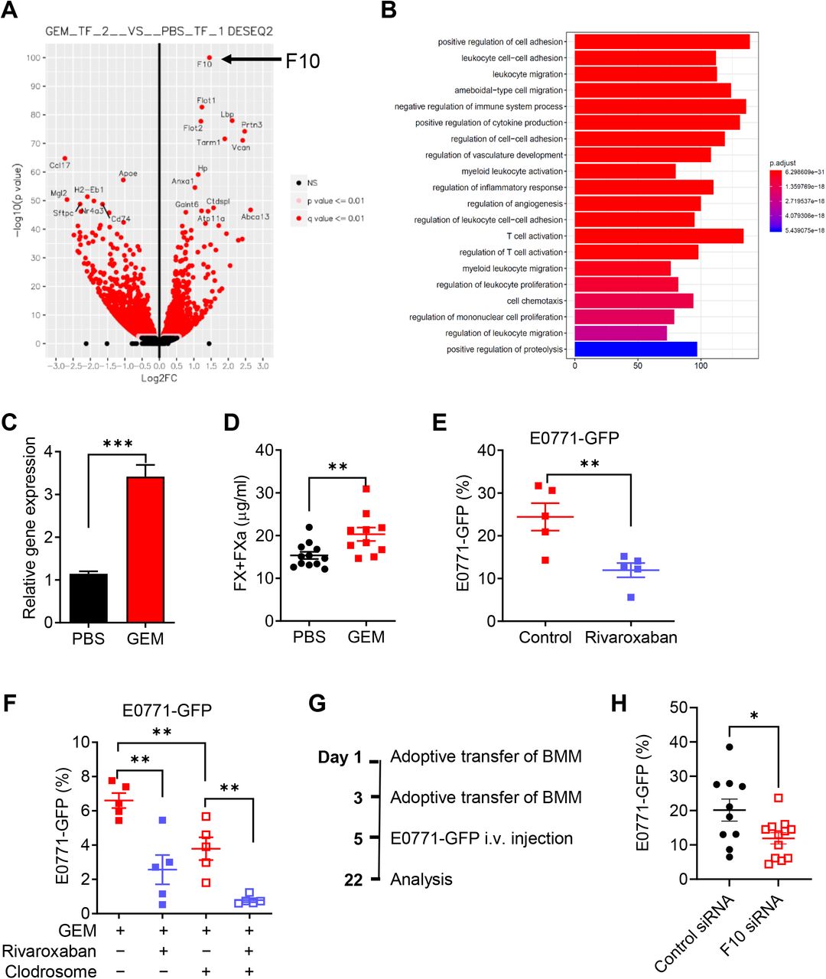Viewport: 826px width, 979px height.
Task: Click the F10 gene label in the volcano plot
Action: coord(204,64)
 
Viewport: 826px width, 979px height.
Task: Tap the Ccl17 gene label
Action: coord(60,165)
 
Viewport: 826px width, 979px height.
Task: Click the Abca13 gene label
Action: coord(255,217)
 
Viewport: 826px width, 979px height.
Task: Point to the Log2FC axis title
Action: coord(159,379)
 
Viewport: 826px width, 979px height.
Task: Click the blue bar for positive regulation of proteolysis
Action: coord(636,350)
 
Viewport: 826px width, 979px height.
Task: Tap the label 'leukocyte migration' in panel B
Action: coord(528,74)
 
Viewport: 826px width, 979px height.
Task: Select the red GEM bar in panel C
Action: coord(145,549)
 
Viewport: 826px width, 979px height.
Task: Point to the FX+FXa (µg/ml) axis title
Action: coord(242,535)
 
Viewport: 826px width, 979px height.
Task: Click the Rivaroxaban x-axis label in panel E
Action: coord(630,638)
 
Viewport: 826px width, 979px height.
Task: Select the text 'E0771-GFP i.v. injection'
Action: coord(481,838)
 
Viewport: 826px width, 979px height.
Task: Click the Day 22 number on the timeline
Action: coord(353,880)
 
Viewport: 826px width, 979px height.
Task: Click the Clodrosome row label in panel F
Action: coord(50,971)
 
